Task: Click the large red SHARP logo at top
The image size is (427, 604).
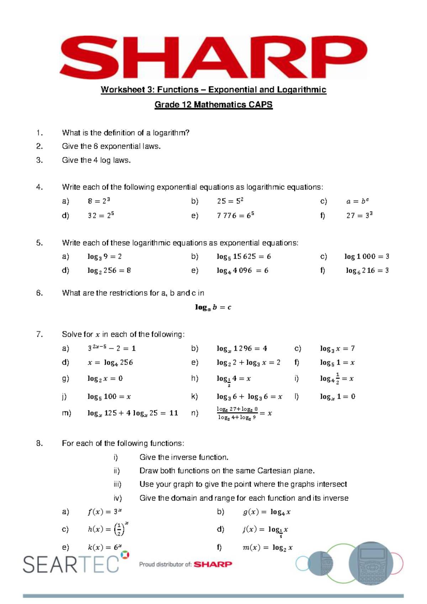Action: coord(213,57)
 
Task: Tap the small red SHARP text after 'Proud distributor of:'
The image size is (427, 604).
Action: coord(213,564)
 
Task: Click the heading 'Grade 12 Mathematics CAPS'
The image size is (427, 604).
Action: coord(213,105)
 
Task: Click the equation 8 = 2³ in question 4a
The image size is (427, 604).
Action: coord(99,201)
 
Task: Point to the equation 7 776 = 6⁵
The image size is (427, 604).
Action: coord(236,216)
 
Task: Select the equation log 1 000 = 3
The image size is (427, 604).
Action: coord(367,256)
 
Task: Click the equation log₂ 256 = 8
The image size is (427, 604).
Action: coord(109,271)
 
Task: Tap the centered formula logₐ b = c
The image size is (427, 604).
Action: coord(213,307)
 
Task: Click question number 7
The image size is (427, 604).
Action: coord(39,334)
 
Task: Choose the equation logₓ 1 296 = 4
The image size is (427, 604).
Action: coord(242,349)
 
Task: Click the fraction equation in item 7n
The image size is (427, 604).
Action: coord(244,413)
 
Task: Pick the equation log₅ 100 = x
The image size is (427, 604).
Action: coord(109,397)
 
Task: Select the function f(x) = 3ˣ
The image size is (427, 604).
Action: coord(105,512)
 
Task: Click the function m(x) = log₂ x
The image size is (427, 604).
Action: coord(267,548)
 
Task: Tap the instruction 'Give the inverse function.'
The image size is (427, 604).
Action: coord(184,457)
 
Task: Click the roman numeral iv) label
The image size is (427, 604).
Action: coord(117,498)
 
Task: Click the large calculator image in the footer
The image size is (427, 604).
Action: coord(371,564)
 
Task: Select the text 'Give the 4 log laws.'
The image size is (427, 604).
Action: coord(96,160)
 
